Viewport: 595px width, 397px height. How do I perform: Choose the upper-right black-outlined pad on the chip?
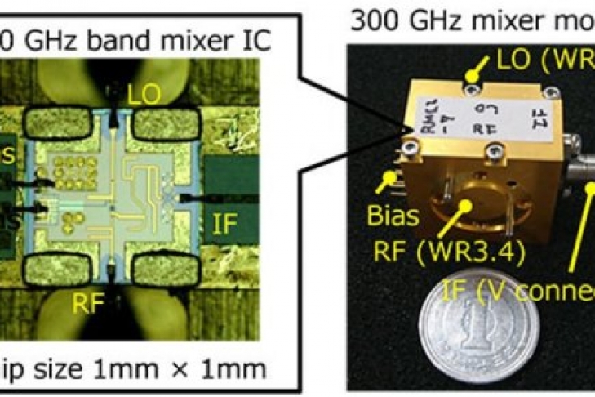click(166, 124)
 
